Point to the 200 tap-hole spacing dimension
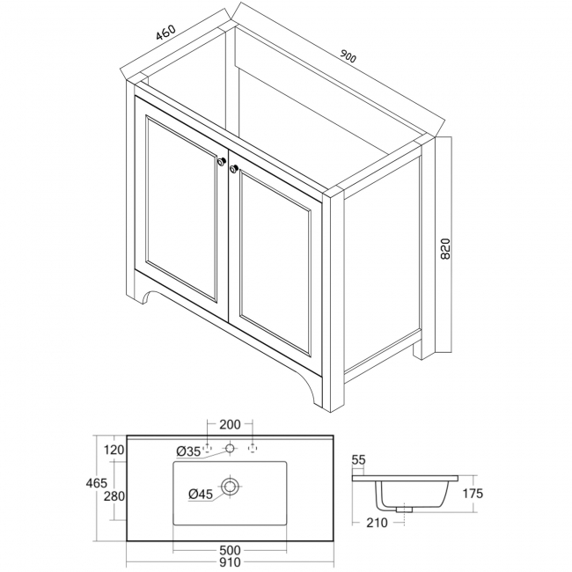(230, 425)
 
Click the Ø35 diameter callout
(189, 451)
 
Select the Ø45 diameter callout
(200, 494)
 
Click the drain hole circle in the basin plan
(231, 486)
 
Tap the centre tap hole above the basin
(230, 449)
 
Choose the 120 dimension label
(114, 450)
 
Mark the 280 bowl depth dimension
(114, 497)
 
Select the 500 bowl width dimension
(230, 550)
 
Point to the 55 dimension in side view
(358, 459)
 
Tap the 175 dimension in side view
(473, 494)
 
